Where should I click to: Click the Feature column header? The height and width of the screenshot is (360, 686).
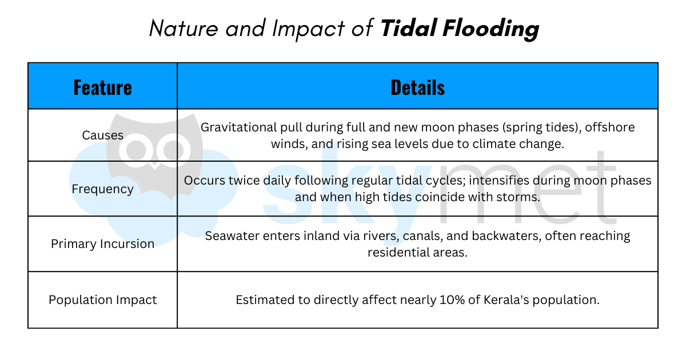(x=102, y=87)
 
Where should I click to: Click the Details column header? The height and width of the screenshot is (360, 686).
(x=417, y=87)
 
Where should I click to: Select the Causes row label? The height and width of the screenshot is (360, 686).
(x=102, y=135)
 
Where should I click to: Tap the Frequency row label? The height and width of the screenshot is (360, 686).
(x=102, y=189)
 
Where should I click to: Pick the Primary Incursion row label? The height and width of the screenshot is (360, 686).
(x=102, y=244)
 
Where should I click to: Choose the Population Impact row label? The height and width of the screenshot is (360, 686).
(x=102, y=300)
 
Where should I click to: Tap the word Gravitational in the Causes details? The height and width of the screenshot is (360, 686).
(x=235, y=127)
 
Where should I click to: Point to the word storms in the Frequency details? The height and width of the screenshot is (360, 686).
(x=520, y=198)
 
